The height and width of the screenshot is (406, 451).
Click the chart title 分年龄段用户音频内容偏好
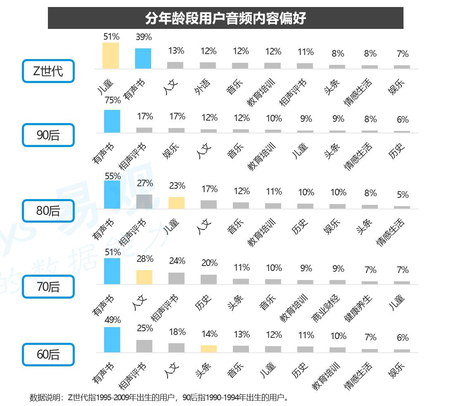click(225, 18)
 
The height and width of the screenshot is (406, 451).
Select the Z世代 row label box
click(48, 71)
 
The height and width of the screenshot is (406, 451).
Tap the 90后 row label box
click(48, 135)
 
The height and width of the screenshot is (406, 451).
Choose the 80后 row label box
click(48, 211)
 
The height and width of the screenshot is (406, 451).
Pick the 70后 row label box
click(48, 286)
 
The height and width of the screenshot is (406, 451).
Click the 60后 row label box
click(48, 354)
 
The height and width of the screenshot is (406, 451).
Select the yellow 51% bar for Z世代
click(111, 56)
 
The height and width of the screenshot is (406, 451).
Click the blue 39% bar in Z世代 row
click(143, 59)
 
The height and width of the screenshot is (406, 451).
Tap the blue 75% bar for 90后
click(112, 121)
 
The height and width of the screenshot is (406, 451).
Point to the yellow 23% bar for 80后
click(177, 203)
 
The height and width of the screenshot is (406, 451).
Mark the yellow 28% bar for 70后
click(144, 277)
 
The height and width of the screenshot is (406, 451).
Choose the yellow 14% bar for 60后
click(209, 349)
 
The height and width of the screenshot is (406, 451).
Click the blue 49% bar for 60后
click(112, 340)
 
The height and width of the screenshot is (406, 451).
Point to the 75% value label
click(112, 100)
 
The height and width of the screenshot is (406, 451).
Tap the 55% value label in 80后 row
click(112, 176)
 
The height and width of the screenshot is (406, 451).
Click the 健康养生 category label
click(358, 308)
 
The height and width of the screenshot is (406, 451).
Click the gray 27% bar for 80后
click(144, 202)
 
